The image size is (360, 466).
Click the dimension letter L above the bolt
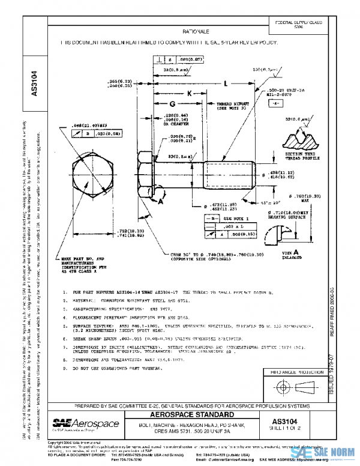pos(225,83)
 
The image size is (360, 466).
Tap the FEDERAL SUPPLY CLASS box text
pos(298,24)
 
